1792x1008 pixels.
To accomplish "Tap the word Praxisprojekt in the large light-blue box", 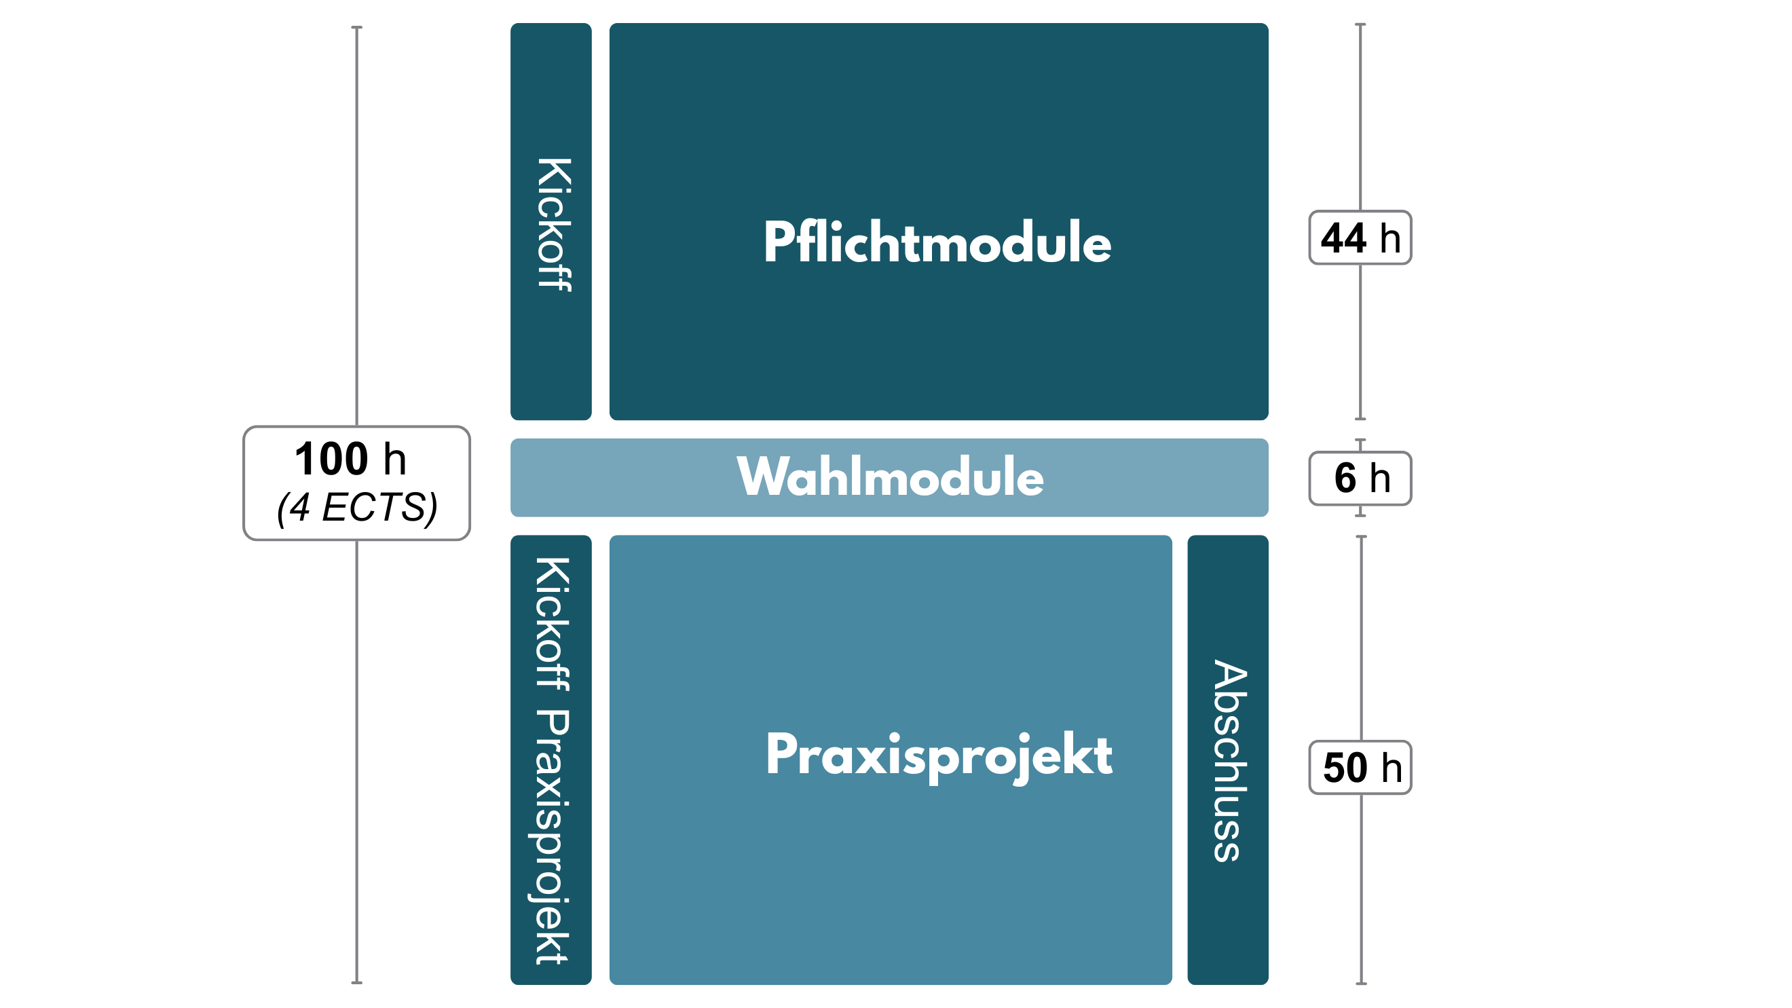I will click(939, 755).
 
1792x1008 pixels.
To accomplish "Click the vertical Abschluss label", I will click(1229, 760).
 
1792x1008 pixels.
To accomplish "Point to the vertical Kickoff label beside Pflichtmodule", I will click(553, 224).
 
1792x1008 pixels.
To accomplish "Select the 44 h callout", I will click(1360, 238).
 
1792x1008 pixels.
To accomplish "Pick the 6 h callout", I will click(1360, 479).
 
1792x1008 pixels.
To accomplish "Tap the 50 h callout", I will click(1360, 767).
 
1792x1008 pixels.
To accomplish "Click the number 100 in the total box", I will click(331, 459).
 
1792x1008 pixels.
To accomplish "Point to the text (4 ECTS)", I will click(357, 507).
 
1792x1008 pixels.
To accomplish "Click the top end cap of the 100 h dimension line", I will click(357, 28).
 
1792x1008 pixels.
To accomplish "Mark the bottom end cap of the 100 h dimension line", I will click(357, 982).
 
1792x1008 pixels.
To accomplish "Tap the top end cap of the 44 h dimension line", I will click(1361, 24).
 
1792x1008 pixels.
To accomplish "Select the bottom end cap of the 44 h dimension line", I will click(1361, 419).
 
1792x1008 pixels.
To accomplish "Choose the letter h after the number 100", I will click(394, 460).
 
